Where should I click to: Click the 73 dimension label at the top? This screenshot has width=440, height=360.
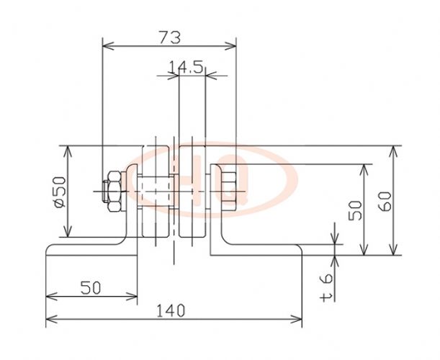169,37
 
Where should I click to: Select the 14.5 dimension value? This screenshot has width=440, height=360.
186,68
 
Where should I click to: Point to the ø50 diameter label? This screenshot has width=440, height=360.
60,192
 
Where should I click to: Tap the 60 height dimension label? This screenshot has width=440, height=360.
385,201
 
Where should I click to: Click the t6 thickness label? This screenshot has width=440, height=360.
326,288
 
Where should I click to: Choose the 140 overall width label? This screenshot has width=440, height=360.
171,310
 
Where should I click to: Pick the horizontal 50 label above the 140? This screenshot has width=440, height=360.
90,288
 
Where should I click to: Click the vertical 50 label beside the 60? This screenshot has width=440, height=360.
355,210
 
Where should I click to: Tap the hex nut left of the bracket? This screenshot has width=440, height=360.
115,191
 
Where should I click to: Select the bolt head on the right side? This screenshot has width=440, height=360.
229,191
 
